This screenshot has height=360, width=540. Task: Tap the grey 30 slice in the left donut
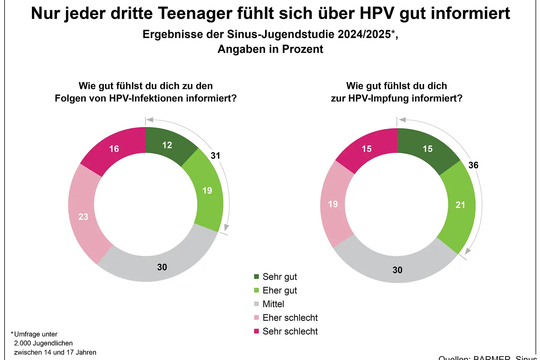click(x=162, y=267)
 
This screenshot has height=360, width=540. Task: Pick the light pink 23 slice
click(x=83, y=216)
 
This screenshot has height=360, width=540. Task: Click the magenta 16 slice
click(x=114, y=149)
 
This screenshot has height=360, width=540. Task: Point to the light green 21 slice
click(x=460, y=205)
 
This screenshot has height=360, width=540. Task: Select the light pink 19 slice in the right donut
click(x=333, y=204)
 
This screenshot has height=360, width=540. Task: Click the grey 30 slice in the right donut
click(x=397, y=270)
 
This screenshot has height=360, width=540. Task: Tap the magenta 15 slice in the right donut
click(x=366, y=149)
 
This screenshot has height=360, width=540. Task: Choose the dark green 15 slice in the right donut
click(x=427, y=149)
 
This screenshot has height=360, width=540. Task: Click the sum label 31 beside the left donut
click(x=215, y=156)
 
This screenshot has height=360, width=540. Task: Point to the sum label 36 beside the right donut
click(x=473, y=165)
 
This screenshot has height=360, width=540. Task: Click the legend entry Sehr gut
click(x=279, y=277)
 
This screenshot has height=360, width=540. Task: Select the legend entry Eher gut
click(x=279, y=290)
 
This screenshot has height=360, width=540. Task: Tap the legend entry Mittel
click(x=273, y=304)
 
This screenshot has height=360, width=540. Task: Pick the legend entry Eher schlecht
click(x=290, y=318)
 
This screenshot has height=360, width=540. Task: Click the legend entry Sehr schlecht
click(x=290, y=331)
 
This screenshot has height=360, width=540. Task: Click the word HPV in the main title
click(x=377, y=14)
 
